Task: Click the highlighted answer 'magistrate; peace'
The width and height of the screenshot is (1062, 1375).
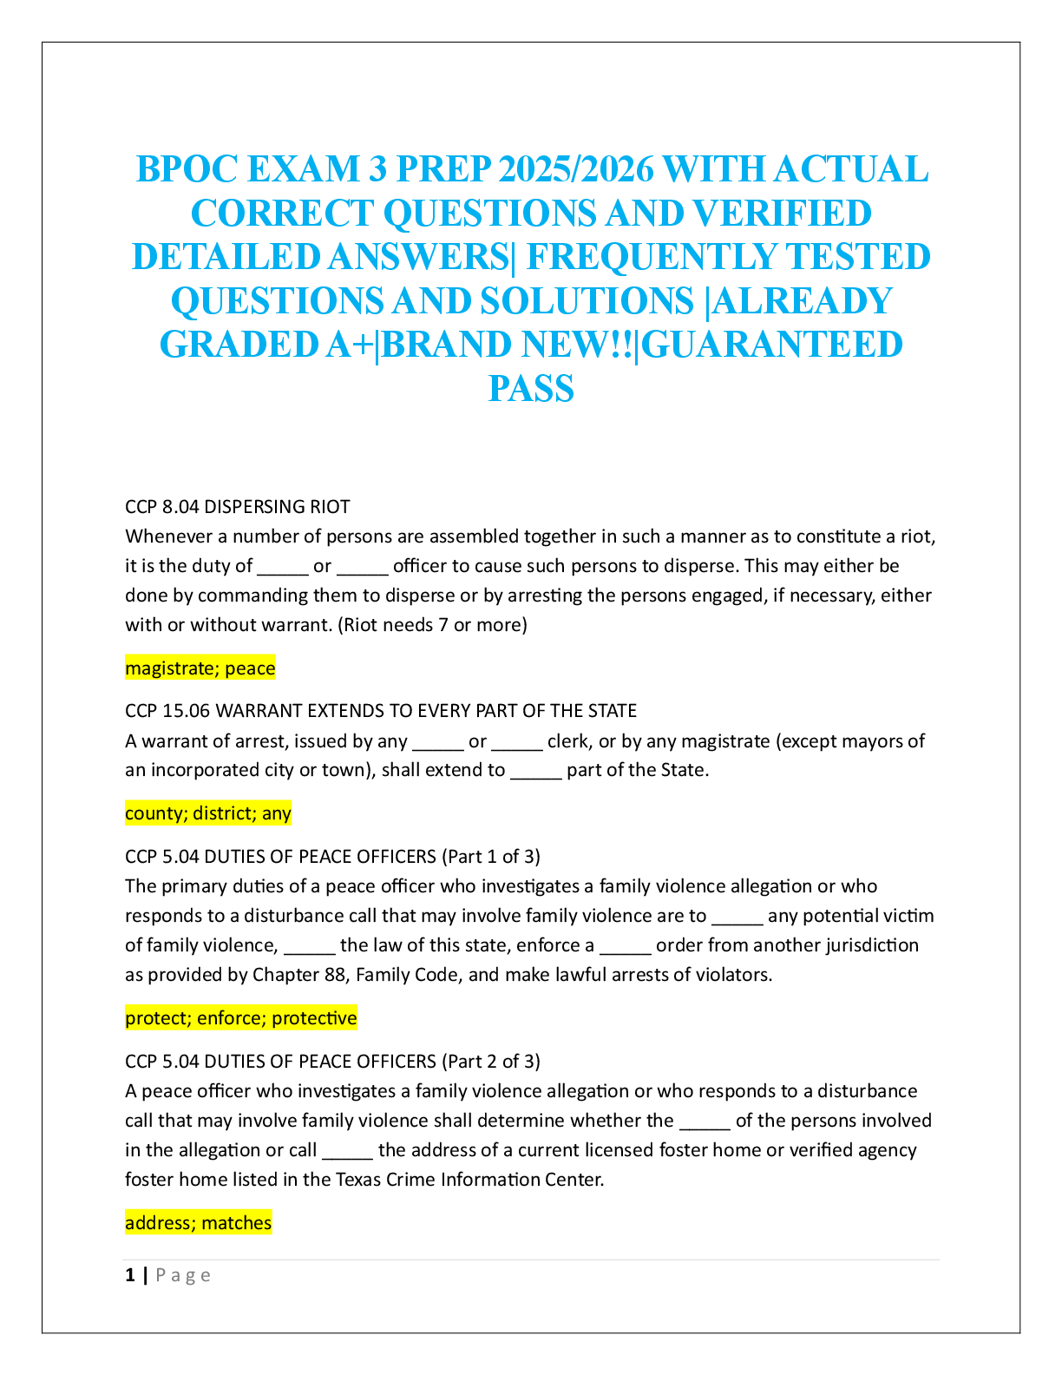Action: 200,668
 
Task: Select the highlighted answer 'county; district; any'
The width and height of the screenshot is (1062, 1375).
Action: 208,813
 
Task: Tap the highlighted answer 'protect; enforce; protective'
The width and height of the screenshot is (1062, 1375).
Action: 240,1018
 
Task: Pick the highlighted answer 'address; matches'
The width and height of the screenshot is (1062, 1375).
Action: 198,1223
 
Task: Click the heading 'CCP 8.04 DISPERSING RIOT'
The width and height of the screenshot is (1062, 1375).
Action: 237,507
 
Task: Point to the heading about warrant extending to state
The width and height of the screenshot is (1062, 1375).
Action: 381,711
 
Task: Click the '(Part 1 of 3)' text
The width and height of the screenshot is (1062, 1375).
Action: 491,857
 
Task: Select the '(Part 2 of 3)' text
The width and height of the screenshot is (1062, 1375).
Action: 491,1062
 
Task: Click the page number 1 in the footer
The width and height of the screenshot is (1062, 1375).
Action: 130,1275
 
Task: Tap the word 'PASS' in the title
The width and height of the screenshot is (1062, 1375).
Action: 531,388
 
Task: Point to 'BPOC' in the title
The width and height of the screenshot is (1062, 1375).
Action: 187,169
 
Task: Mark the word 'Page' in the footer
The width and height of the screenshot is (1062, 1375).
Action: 183,1275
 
